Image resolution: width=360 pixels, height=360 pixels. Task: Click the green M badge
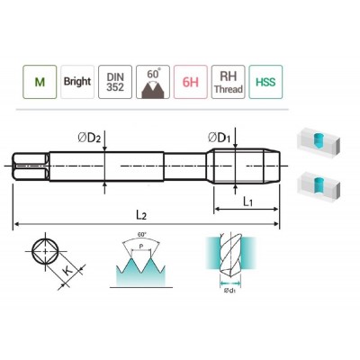(40, 82)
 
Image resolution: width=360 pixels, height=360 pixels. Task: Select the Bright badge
(77, 82)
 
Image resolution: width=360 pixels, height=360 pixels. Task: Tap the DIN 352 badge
(115, 82)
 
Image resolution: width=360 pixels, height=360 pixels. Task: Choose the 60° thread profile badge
(153, 82)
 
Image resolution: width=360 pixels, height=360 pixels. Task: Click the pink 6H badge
(191, 82)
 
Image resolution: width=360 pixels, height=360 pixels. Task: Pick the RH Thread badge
(229, 82)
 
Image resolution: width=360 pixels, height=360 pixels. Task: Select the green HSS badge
(265, 82)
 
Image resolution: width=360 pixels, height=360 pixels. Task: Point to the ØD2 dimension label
(89, 139)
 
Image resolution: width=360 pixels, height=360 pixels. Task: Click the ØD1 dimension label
(220, 138)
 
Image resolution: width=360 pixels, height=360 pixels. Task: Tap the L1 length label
(247, 202)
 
